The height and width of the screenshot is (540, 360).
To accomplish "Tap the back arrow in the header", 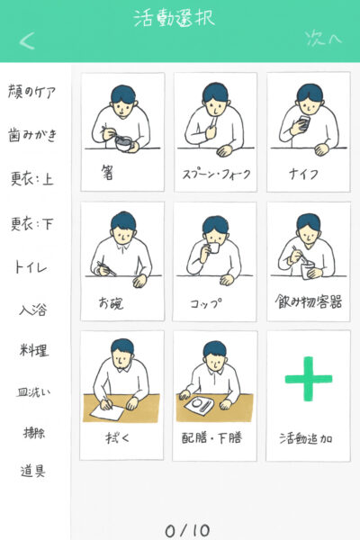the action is click(27, 41).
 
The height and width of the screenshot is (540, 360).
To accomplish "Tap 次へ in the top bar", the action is click(323, 38).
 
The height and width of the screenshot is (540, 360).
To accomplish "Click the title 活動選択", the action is click(175, 18).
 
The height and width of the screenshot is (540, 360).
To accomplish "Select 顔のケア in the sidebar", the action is click(31, 91).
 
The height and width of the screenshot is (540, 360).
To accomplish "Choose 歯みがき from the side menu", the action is click(32, 135).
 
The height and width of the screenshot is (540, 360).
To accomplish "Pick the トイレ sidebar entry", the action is click(31, 267).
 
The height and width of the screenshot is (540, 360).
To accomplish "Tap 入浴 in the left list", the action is click(32, 310).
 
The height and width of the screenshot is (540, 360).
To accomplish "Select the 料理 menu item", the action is click(34, 350).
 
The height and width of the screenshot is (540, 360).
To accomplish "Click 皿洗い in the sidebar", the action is click(33, 391).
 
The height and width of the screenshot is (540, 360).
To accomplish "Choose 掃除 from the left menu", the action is click(34, 433).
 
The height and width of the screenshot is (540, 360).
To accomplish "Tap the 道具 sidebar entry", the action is click(32, 471).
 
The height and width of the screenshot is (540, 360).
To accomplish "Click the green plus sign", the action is click(309, 379).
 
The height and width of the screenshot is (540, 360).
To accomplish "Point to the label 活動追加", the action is click(306, 439).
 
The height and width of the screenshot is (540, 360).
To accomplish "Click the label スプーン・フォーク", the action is click(216, 175).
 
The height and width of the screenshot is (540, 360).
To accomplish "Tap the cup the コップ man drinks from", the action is click(214, 247).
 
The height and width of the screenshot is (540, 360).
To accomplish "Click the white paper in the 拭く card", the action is click(107, 412).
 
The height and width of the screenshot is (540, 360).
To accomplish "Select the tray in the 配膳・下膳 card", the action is click(201, 407).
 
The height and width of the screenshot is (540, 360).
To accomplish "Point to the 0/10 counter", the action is click(187, 531).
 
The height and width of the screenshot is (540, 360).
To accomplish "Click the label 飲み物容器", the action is click(309, 301).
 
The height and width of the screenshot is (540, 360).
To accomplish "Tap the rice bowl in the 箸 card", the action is click(124, 144).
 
